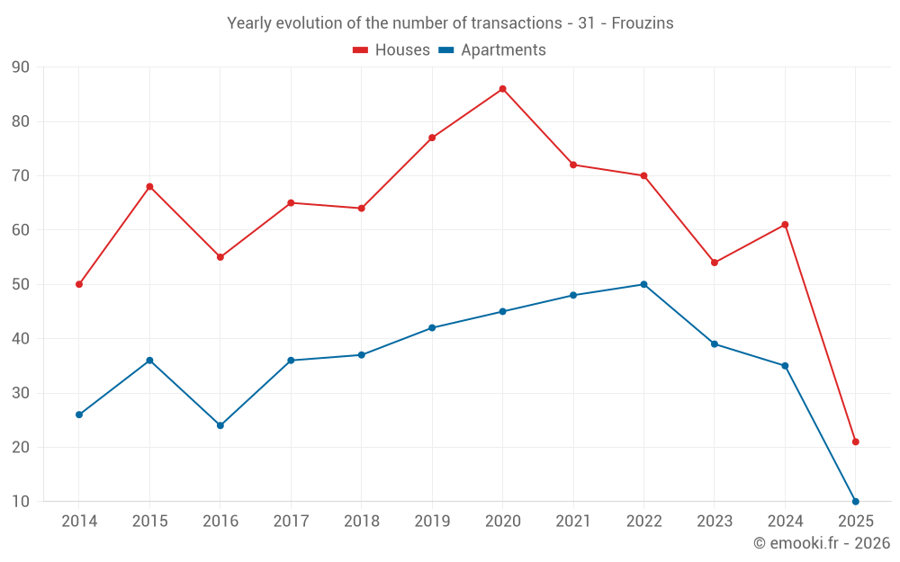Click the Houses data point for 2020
pos(502,89)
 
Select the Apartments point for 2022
pos(643,284)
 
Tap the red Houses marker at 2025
pos(855,442)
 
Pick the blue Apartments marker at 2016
pos(220,425)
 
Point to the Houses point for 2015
pos(149,186)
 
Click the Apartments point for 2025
pos(855,501)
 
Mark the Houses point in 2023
pos(715,263)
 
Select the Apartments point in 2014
pos(79,415)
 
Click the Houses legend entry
pos(391,50)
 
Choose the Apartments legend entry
pos(492,50)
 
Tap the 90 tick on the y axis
pos(21,67)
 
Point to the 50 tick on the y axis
pos(21,284)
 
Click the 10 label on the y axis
pos(21,502)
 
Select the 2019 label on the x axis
pos(432,522)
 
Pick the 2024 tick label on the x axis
pos(785,522)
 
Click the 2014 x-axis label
pos(79,522)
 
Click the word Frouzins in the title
pos(643,23)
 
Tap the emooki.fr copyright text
pos(822,543)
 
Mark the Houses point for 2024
pos(785,225)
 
